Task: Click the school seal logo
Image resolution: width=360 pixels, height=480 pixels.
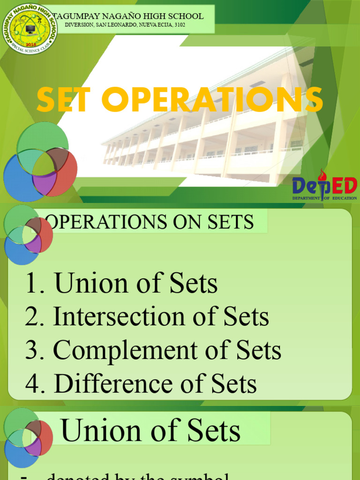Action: [x=30, y=29]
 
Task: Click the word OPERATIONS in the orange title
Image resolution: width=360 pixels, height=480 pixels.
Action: [x=210, y=99]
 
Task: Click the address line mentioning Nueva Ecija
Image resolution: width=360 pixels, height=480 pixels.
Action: [x=125, y=24]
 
